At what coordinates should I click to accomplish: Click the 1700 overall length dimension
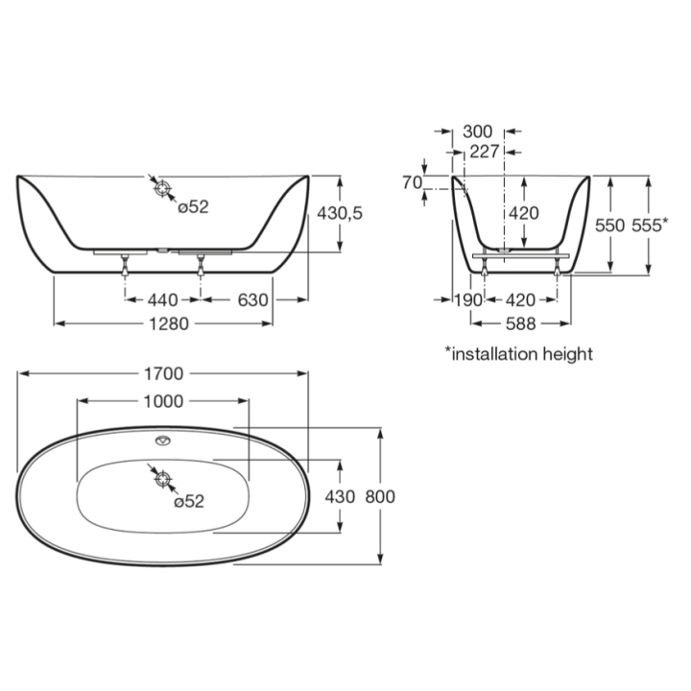point(163,373)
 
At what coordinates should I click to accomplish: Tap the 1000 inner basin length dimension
point(163,401)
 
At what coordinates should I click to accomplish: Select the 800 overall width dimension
point(380,497)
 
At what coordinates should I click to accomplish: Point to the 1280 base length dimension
point(169,324)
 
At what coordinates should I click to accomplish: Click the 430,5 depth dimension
point(340,213)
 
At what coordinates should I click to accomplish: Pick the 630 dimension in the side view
point(253,300)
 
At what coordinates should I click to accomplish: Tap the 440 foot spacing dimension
point(163,300)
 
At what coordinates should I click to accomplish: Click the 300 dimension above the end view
point(478,131)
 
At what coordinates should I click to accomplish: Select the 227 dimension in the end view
point(485,152)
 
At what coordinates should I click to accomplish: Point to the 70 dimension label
point(413,182)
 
